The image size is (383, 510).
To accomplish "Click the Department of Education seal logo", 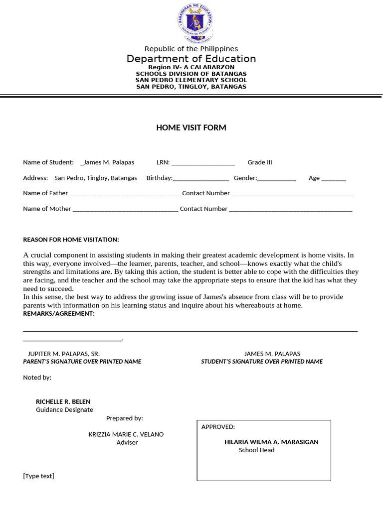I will click(195, 22).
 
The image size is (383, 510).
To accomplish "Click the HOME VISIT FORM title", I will click(191, 128).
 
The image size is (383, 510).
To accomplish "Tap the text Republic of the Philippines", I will click(191, 49).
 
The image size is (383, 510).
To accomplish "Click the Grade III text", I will click(260, 162).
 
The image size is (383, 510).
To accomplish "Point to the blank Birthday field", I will click(201, 179).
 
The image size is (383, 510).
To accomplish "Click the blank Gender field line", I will click(277, 179).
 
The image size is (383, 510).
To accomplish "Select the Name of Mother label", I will click(47, 209).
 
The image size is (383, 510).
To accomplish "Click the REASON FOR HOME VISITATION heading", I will click(71, 240).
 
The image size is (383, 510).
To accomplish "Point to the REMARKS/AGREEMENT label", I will click(58, 314).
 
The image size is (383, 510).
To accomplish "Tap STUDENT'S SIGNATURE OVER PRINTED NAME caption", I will click(262, 362).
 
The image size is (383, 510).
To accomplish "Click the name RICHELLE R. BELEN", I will click(63, 401).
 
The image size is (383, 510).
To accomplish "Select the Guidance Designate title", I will click(64, 410).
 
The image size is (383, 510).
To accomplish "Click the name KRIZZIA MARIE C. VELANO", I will click(126, 434).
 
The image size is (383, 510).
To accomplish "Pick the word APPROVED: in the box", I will click(218, 427).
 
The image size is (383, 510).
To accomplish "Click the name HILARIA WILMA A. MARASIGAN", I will click(271, 442).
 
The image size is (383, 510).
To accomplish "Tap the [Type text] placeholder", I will click(38, 476).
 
